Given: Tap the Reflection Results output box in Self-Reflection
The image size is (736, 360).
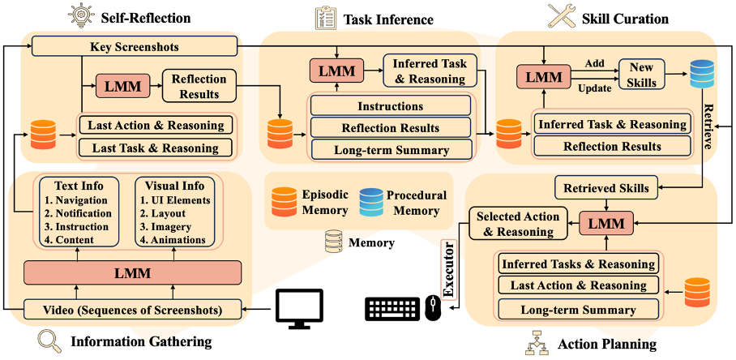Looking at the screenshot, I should (199, 84).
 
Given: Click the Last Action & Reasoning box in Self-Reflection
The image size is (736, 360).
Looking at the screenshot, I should (156, 125).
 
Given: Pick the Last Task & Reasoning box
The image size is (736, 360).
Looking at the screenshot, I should (156, 148).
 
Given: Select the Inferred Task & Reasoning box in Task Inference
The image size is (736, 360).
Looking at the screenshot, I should (430, 71).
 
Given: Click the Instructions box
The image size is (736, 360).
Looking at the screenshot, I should (390, 106).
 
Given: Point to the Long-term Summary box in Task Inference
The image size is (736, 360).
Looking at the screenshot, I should (390, 149).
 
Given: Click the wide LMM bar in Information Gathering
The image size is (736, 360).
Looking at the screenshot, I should (133, 272).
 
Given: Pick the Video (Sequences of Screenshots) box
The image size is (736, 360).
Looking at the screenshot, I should (133, 309).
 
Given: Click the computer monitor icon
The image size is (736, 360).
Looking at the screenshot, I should (299, 309).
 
